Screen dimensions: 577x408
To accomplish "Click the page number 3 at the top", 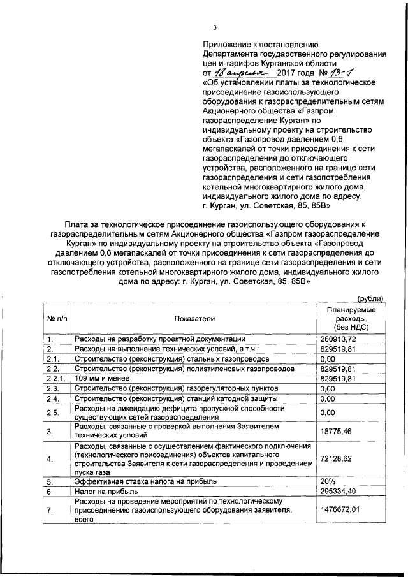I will [x=215, y=27].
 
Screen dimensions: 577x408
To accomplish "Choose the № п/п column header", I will [x=56, y=318].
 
